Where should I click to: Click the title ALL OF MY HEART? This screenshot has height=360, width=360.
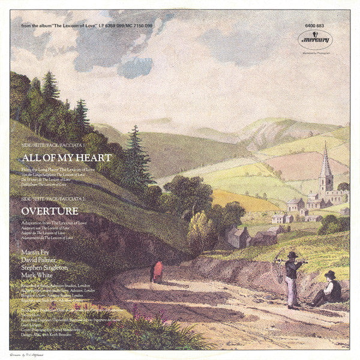coord(66,158)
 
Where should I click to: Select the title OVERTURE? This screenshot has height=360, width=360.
coord(50,211)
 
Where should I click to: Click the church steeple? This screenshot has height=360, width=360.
coord(325,165)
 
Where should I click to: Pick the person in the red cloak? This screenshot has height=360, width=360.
coord(158,271)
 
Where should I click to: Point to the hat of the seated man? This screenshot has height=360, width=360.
coord(329,274)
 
